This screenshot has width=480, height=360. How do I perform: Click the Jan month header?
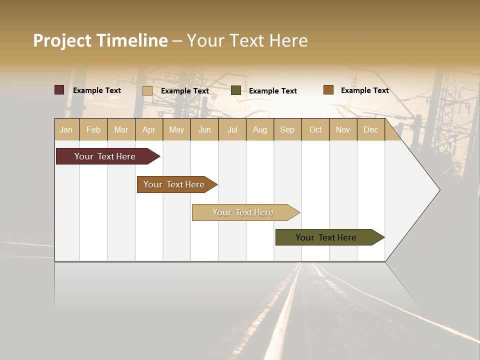point(66,129)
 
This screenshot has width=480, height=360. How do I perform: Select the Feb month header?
point(93,129)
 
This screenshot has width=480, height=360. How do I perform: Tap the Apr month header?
point(149,129)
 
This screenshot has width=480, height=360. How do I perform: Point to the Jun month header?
point(204,129)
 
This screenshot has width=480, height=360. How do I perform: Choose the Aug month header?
point(260,129)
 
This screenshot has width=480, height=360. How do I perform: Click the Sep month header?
point(287,129)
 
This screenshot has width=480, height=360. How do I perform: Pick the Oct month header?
point(315,129)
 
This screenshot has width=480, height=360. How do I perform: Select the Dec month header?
point(371,129)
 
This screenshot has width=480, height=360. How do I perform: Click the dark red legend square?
point(59,90)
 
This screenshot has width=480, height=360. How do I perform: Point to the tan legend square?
point(147,90)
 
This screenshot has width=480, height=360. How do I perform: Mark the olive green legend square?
point(236,90)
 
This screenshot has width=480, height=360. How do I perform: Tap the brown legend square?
point(328,90)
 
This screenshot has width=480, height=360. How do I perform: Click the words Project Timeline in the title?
point(100,40)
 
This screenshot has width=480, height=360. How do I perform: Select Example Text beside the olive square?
point(273,91)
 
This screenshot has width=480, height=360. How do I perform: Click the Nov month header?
point(343,129)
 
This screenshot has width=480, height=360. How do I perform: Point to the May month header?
point(176,129)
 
